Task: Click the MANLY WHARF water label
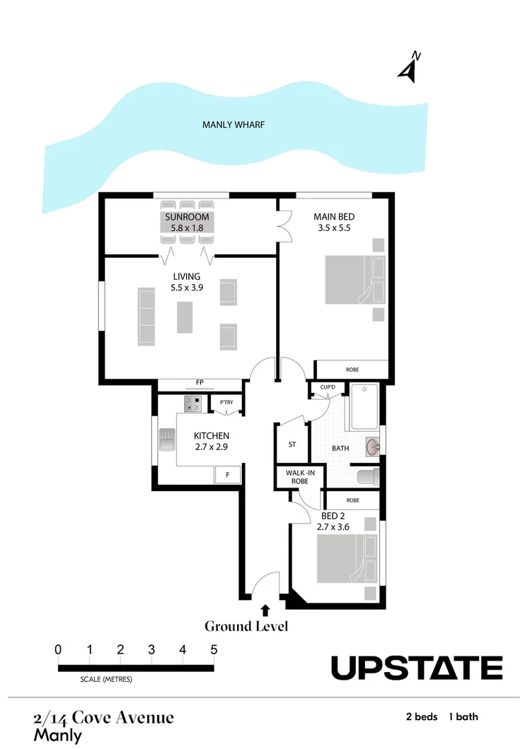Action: click(233, 125)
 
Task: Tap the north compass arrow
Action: click(408, 69)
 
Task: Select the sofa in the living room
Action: click(146, 316)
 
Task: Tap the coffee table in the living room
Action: click(185, 317)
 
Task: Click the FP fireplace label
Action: click(200, 383)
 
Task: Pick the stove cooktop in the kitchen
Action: click(193, 403)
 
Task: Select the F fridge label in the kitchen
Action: click(227, 475)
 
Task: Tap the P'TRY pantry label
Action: click(226, 403)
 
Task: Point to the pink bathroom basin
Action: click(373, 447)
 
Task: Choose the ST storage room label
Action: click(292, 445)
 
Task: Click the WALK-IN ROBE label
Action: click(295, 477)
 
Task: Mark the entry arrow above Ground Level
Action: click(265, 608)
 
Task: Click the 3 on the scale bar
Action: click(151, 649)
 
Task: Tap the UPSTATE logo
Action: click(417, 668)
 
